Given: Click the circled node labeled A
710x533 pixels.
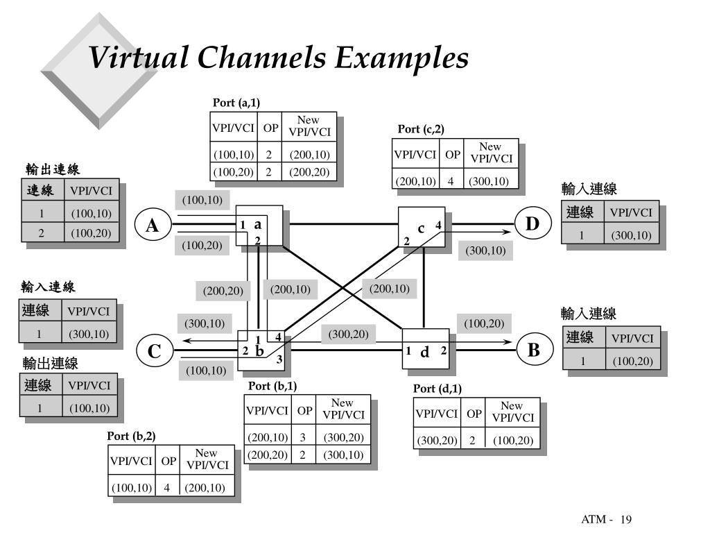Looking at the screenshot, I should click(151, 226).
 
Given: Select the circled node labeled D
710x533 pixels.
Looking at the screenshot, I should click(532, 223).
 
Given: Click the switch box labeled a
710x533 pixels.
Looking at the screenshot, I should click(259, 225).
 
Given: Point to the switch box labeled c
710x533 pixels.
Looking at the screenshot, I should click(421, 228).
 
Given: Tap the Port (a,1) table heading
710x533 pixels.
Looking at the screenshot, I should click(236, 103).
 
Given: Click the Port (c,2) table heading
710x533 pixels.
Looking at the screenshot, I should click(421, 129).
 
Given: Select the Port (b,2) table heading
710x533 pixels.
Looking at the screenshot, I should click(131, 437).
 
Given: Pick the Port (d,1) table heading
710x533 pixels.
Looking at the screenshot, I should click(437, 389).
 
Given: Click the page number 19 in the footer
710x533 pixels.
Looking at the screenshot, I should click(627, 520).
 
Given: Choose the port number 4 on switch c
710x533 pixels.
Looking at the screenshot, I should click(438, 225).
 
